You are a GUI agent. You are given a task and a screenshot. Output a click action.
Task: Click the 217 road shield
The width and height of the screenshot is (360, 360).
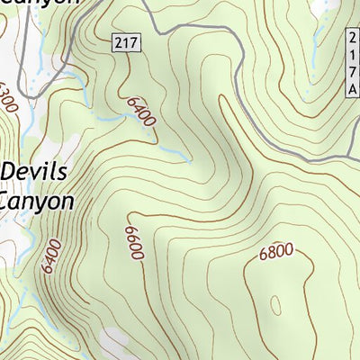click(x=124, y=43)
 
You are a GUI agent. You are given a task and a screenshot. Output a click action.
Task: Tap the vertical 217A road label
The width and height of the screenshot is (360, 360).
click(x=352, y=62)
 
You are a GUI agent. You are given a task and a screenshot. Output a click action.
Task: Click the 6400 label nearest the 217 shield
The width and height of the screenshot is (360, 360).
click(x=141, y=112)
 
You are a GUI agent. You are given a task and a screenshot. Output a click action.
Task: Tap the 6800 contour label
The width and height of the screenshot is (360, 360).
click(x=276, y=252)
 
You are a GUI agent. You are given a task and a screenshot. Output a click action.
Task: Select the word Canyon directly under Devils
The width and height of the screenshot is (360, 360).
click(x=36, y=200)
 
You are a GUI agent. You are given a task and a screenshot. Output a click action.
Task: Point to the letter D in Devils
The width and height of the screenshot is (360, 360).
click(x=11, y=171)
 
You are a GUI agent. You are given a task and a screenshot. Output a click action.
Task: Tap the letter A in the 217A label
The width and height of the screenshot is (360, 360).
click(x=352, y=88)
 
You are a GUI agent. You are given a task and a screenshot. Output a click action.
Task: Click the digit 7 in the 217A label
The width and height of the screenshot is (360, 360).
click(x=352, y=71)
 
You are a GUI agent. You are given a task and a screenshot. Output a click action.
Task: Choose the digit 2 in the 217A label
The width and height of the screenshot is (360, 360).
click(x=352, y=37)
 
